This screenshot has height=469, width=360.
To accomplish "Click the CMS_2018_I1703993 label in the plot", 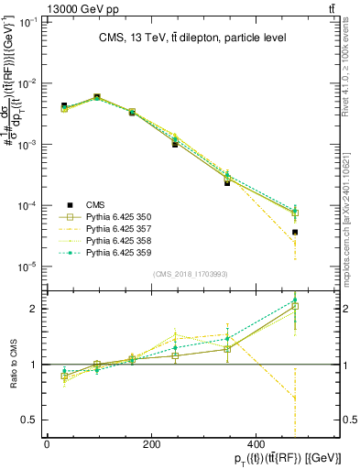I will [191, 274].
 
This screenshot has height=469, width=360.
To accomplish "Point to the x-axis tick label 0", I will [47, 443].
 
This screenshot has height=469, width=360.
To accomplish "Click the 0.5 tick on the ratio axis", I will [29, 420].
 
